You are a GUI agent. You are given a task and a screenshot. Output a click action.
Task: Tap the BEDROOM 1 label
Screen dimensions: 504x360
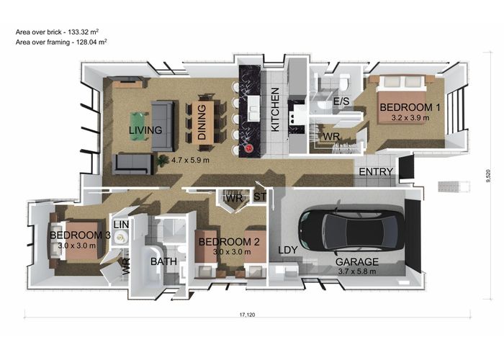coord(410,107)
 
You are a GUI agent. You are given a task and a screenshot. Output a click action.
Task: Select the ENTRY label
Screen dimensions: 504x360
coord(376,172)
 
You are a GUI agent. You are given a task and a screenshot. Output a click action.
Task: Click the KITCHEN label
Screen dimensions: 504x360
coord(275,109)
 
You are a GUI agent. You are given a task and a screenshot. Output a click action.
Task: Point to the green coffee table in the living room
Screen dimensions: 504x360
coord(138,126)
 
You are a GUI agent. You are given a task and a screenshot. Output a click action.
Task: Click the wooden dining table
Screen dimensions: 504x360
coord(203,122)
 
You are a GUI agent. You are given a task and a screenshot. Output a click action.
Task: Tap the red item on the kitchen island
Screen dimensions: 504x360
coord(249,148)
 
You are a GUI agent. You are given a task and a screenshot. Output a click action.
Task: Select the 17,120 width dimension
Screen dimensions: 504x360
coord(247,315)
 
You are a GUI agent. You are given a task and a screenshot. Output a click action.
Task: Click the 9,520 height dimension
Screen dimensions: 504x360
coord(488,176)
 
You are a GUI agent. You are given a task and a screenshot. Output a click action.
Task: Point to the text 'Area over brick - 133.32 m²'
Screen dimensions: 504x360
coord(57,32)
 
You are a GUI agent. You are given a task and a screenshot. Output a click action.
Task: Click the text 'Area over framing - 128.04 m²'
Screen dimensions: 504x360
coord(61,42)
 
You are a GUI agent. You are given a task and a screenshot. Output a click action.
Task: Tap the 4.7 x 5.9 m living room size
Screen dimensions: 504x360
coord(190,160)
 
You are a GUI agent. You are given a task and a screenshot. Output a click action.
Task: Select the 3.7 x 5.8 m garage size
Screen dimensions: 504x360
coord(357,271)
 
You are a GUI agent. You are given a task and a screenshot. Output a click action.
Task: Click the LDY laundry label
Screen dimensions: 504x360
coord(288,250)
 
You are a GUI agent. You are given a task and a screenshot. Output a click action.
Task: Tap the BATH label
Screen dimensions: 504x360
coord(163,261)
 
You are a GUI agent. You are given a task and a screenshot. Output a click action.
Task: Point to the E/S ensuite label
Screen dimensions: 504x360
coord(341,102)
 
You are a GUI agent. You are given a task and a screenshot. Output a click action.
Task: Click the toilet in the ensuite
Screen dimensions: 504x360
coord(344,82)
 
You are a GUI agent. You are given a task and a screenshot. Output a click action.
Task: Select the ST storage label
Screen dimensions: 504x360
coord(260,196)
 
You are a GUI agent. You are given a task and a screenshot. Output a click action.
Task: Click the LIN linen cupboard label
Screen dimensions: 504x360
coord(121,225)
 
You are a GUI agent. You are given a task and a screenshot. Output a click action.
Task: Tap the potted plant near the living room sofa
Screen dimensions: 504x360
coord(163,160)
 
